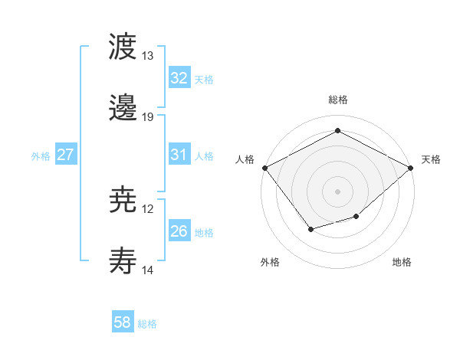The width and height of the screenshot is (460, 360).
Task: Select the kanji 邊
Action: click(123, 108)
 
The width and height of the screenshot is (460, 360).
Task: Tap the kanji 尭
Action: click(123, 200)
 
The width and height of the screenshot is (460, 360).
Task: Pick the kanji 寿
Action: click(123, 261)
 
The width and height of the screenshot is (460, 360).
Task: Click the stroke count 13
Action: click(148, 56)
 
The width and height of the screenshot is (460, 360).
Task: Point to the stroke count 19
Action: click(148, 117)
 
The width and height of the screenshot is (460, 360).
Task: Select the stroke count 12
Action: click(148, 209)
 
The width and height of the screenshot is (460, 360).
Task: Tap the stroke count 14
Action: click(148, 270)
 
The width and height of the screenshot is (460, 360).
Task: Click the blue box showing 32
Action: click(179, 78)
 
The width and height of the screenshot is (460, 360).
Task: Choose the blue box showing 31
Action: click(179, 155)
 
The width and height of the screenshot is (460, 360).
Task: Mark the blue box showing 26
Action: click(179, 231)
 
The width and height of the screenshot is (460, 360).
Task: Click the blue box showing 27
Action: click(66, 155)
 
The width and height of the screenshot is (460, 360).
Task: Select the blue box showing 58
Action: click(123, 323)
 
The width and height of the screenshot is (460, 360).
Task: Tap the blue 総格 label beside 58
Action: click(147, 324)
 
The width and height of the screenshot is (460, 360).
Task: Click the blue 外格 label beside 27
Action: click(41, 155)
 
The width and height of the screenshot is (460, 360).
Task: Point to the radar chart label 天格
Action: click(431, 159)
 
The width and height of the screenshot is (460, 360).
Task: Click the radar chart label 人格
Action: click(245, 159)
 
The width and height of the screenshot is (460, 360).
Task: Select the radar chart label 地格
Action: click(402, 262)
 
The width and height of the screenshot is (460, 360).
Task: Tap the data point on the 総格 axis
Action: click(337, 130)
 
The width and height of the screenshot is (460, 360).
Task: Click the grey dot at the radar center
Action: click(337, 191)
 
